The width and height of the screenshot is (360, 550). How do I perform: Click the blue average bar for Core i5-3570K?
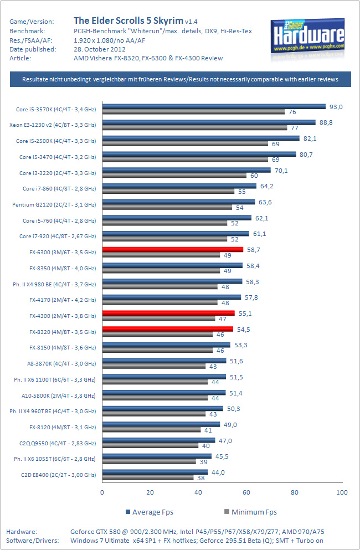point(213,106)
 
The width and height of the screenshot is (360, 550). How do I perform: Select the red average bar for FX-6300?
point(172,250)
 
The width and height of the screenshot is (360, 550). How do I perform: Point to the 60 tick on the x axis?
point(246,492)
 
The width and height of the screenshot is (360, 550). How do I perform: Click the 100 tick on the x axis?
point(342,492)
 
